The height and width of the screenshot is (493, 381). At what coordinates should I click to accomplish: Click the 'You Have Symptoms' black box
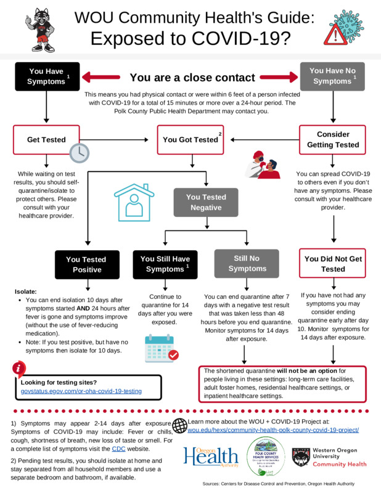click(47, 76)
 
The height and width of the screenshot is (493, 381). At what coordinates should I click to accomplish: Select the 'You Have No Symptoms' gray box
click(333, 76)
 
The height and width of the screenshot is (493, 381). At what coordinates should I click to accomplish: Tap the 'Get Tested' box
click(47, 140)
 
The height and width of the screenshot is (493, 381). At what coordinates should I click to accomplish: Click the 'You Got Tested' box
click(191, 140)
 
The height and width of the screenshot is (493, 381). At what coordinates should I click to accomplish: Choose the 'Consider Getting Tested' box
click(333, 140)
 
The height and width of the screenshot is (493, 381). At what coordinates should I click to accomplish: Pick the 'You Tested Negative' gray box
click(205, 203)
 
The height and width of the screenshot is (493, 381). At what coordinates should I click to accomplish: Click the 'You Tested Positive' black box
click(86, 264)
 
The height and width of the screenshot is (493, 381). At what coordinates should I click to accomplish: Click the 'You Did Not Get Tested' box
click(333, 264)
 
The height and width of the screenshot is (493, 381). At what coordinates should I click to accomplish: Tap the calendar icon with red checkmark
click(160, 348)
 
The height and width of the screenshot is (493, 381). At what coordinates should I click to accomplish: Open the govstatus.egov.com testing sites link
click(81, 391)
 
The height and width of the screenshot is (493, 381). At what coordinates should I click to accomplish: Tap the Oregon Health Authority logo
click(210, 457)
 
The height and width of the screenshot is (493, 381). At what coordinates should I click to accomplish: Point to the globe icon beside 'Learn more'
click(179, 425)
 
